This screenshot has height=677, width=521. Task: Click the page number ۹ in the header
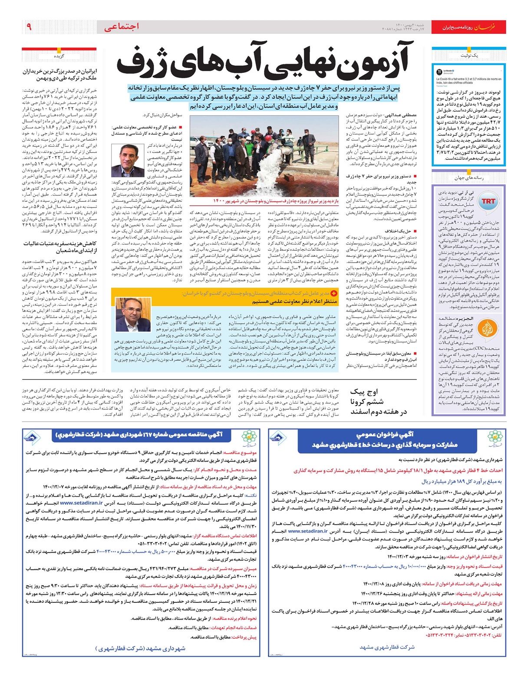29,27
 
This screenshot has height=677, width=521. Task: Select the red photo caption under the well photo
275,201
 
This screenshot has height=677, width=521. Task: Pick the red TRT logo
488,201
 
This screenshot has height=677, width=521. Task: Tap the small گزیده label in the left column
59,56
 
